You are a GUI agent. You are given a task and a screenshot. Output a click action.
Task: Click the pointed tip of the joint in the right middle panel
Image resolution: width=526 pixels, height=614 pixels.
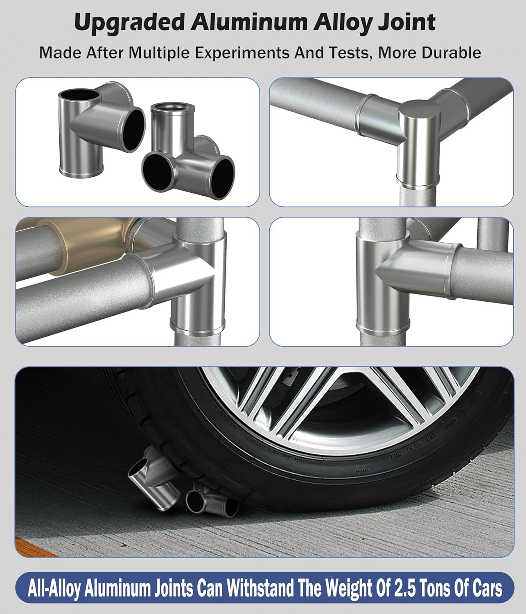[376, 270]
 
